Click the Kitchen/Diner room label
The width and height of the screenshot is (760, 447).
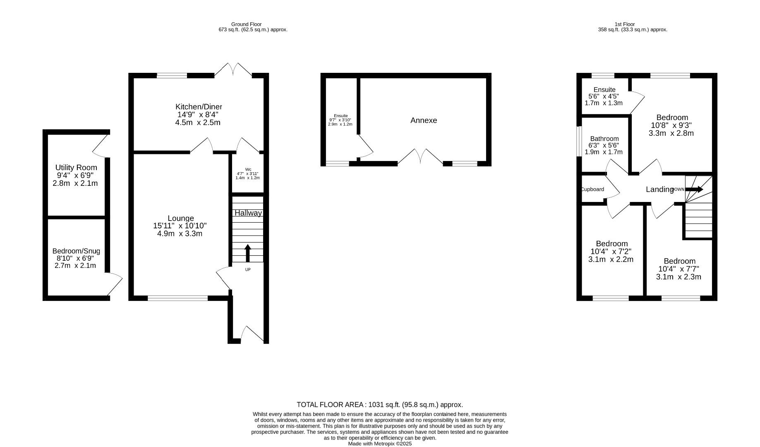click(x=199, y=106)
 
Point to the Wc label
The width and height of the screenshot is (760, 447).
click(x=248, y=169)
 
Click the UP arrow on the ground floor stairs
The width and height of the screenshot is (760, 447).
click(x=248, y=252)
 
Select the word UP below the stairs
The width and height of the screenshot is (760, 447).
click(x=248, y=270)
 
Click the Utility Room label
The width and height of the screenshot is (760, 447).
click(x=76, y=168)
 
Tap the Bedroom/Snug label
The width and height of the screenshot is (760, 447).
click(x=76, y=251)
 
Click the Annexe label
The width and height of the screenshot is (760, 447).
click(x=423, y=120)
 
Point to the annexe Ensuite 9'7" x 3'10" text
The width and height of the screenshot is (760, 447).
click(x=340, y=120)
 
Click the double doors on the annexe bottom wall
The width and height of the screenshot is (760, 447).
click(x=420, y=157)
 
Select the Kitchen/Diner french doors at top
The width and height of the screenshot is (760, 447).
click(x=233, y=70)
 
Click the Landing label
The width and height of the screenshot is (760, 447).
click(x=659, y=190)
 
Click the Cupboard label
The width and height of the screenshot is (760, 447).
click(x=592, y=190)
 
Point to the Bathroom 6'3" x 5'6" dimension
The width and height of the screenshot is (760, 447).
click(x=604, y=146)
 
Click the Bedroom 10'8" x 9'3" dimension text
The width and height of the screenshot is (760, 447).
click(x=671, y=125)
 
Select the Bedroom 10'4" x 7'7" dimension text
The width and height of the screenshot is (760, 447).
click(x=678, y=269)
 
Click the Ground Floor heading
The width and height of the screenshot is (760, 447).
click(x=246, y=24)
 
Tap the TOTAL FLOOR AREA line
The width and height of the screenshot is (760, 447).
click(x=379, y=405)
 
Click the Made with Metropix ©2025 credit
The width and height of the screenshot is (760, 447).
click(x=379, y=444)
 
